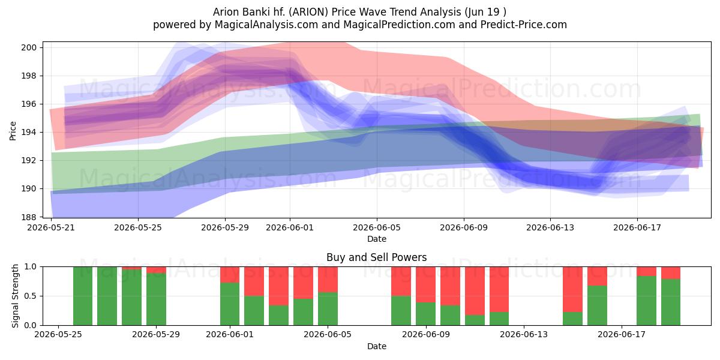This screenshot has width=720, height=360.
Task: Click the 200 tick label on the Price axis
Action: point(29,47)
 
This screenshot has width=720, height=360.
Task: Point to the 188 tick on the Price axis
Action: point(29,217)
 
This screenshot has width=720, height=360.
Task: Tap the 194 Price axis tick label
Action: point(29,132)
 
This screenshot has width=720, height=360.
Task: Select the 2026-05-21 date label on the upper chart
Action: point(51,227)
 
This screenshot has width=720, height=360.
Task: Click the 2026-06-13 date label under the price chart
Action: point(550,227)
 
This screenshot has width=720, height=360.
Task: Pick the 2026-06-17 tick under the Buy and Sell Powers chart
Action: point(622,334)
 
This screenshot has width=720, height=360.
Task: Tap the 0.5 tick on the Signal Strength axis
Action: point(31,296)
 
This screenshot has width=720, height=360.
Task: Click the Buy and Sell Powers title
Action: point(376,257)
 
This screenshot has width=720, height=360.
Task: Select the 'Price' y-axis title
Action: point(13,131)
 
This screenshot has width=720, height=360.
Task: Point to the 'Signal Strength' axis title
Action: point(15,296)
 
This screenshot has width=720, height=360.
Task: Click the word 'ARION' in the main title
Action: point(308,12)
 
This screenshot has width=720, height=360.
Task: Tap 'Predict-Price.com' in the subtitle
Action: point(524,25)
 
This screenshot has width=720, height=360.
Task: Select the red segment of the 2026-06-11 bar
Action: point(475,291)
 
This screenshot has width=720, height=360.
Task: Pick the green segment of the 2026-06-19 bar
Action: point(671,302)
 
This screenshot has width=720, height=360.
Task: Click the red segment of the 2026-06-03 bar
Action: point(278,286)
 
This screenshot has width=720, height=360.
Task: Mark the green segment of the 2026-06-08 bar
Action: point(401,311)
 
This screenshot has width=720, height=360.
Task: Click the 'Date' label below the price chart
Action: point(376,239)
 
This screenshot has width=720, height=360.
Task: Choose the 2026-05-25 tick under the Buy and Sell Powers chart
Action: point(58,334)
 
